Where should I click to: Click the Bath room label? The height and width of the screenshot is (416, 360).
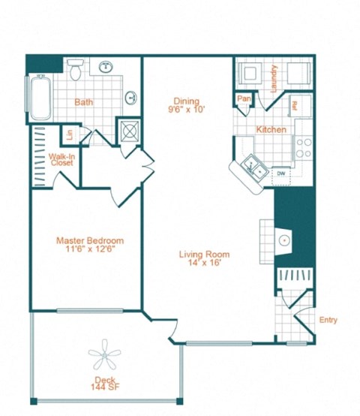coord(83,102)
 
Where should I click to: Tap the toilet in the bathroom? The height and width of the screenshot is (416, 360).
coord(75,71)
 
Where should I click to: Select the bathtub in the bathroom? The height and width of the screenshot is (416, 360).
coord(38,98)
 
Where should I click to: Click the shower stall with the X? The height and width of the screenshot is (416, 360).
coord(129,131)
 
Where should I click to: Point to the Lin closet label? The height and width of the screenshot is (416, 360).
coord(69,135)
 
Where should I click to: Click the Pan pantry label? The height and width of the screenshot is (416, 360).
coord(243,98)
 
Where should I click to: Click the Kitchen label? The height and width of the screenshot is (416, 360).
coord(271,130)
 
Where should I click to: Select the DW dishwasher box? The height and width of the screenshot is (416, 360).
coord(281,173)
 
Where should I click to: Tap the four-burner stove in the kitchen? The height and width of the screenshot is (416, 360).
coord(303,146)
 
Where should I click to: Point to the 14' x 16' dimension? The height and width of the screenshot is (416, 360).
coord(204,264)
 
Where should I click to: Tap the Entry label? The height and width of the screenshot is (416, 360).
coord(328,321)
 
